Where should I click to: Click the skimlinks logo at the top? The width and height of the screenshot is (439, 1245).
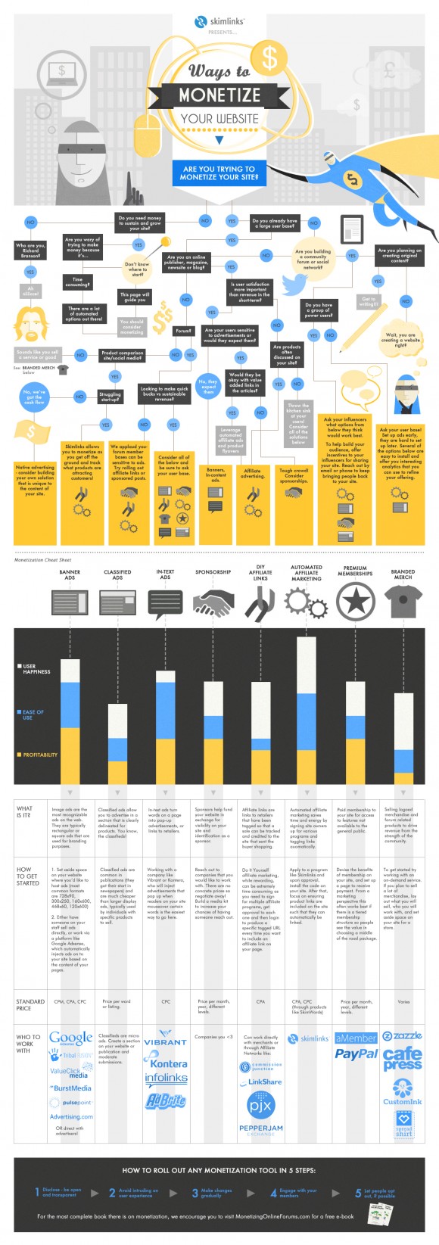click(x=219, y=22)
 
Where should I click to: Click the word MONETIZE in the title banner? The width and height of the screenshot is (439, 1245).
click(x=219, y=95)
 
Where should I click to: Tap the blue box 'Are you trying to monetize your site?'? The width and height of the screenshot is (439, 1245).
click(x=219, y=173)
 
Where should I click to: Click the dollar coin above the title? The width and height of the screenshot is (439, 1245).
click(x=269, y=56)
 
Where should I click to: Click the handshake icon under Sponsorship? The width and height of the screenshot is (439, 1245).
click(x=213, y=602)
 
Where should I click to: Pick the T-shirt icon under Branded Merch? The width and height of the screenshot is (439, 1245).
click(x=403, y=602)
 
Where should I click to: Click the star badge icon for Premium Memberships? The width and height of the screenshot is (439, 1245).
click(x=355, y=602)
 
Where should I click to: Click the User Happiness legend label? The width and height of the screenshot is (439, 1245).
click(x=36, y=669)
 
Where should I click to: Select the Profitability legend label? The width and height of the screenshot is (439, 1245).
click(x=39, y=755)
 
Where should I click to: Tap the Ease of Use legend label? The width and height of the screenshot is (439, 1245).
click(x=33, y=714)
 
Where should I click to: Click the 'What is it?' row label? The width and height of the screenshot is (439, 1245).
click(x=25, y=812)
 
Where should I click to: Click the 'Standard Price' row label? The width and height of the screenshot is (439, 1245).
click(x=30, y=1004)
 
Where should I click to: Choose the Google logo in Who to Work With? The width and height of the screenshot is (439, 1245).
click(x=70, y=1038)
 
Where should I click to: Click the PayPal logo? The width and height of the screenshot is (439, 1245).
click(x=356, y=1054)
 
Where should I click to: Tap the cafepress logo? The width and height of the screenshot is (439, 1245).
click(x=403, y=1059)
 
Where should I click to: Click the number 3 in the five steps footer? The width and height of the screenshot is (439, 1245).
click(x=195, y=1193)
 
